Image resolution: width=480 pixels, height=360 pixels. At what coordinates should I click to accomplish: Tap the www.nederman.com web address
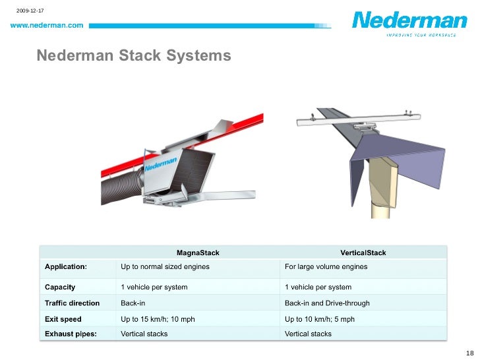(46, 26)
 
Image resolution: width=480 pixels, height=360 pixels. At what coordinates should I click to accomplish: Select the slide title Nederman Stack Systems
(134, 56)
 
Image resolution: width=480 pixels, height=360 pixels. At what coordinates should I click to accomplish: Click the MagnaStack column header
(198, 253)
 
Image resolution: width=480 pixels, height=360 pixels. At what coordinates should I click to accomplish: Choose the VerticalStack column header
(363, 253)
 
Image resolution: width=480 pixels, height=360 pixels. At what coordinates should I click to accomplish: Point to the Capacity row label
(60, 287)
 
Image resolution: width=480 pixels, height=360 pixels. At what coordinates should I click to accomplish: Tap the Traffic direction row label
(72, 303)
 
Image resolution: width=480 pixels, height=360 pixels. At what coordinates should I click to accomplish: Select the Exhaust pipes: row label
(71, 334)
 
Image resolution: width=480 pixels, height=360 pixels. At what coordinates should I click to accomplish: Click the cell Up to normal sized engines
(165, 267)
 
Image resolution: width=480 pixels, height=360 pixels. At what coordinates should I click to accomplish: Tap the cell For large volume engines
(326, 267)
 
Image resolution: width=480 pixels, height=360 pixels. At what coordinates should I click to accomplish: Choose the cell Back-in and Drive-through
(327, 303)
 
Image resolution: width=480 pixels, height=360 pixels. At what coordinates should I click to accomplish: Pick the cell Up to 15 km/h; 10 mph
(158, 318)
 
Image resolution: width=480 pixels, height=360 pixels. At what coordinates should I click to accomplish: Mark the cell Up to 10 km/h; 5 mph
(319, 318)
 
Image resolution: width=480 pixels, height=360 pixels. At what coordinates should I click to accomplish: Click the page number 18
(469, 352)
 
